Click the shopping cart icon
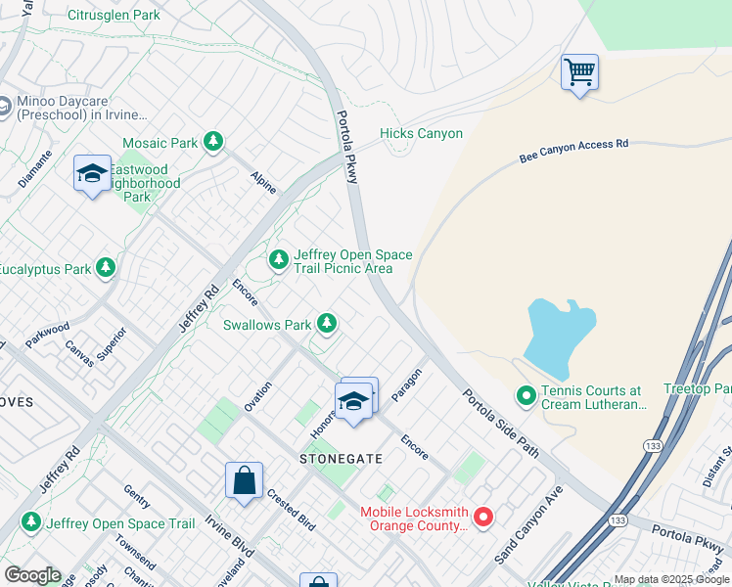coord(579,71)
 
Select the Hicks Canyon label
coord(421,134)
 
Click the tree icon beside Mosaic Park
coord(213,143)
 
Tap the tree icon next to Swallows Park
coord(326,324)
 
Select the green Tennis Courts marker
coord(526,396)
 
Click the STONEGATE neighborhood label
coord(340,458)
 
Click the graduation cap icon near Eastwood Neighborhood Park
coord(92,174)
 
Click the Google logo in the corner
coord(32,575)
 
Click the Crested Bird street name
coord(291,510)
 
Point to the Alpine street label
coord(263,182)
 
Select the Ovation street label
coord(258,396)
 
